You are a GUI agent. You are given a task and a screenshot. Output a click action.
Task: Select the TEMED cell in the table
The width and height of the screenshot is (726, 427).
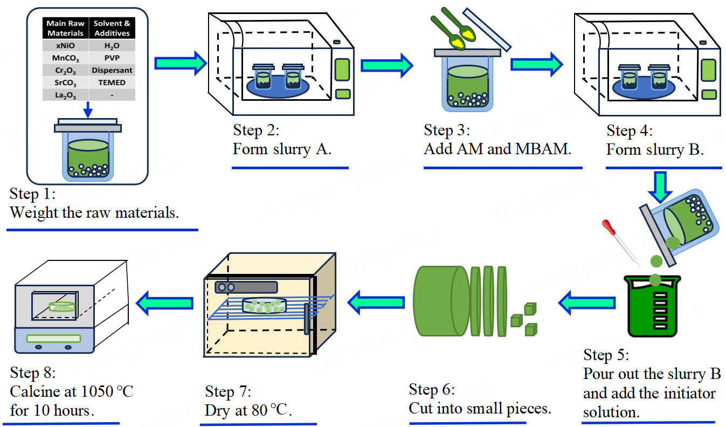(x=112, y=82)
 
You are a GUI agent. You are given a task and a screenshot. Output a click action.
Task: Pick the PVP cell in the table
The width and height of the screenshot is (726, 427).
(x=112, y=58)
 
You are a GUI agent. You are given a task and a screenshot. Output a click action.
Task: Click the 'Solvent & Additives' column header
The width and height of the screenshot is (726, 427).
(x=112, y=28)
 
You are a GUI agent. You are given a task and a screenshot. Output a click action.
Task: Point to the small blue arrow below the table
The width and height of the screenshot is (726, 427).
(x=88, y=109)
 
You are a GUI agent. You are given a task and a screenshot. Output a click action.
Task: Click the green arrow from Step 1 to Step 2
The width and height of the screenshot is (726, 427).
(x=180, y=64)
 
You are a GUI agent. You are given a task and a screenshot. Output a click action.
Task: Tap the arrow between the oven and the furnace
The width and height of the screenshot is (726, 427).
(x=164, y=303)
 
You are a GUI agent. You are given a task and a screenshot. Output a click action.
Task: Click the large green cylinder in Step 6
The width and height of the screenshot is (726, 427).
(x=440, y=300)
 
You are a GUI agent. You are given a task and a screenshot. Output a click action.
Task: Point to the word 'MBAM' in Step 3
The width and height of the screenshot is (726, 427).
(x=544, y=149)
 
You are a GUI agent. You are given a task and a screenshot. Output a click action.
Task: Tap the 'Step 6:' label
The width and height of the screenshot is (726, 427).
(x=432, y=389)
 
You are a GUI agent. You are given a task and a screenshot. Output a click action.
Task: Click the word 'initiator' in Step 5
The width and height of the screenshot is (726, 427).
(x=684, y=394)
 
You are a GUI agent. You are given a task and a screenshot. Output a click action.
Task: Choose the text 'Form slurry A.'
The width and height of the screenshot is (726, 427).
(x=282, y=149)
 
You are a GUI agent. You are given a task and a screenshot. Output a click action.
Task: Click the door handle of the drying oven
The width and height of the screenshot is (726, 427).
(x=307, y=318)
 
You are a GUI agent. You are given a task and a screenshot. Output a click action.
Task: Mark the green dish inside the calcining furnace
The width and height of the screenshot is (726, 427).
(x=63, y=307)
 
